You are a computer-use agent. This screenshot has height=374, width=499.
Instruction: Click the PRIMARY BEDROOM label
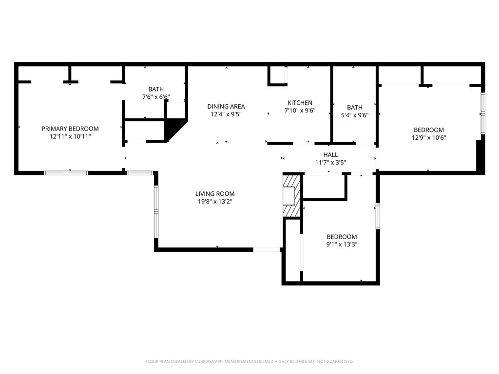[70, 129]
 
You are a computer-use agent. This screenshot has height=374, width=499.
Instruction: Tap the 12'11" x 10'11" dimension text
[70, 137]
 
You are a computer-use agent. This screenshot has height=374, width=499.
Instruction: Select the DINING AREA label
[226, 107]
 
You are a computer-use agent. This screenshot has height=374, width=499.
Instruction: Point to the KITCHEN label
[300, 103]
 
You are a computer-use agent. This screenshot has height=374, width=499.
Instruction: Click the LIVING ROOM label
[215, 194]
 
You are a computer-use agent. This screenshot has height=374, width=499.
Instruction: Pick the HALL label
[331, 155]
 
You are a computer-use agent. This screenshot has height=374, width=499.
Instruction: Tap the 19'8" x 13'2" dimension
[215, 202]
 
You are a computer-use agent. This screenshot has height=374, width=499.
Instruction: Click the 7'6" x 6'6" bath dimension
[156, 97]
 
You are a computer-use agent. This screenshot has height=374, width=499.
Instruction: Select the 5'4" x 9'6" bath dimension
[355, 115]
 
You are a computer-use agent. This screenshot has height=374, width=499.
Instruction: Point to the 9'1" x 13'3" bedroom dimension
[342, 244]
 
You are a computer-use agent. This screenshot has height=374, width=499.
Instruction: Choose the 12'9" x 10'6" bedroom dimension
[429, 138]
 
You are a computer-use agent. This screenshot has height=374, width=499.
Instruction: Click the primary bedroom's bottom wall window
[66, 173]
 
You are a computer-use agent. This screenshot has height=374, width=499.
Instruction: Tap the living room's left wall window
[156, 211]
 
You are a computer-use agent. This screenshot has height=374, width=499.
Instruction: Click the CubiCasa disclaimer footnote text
[249, 362]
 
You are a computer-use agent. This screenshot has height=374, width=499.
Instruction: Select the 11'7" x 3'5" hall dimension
[331, 163]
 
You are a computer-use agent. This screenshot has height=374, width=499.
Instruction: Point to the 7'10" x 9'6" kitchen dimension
[300, 111]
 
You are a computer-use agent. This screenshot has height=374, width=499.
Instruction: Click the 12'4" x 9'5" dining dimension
[226, 114]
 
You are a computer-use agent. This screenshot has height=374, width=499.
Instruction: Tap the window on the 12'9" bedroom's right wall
[483, 113]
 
